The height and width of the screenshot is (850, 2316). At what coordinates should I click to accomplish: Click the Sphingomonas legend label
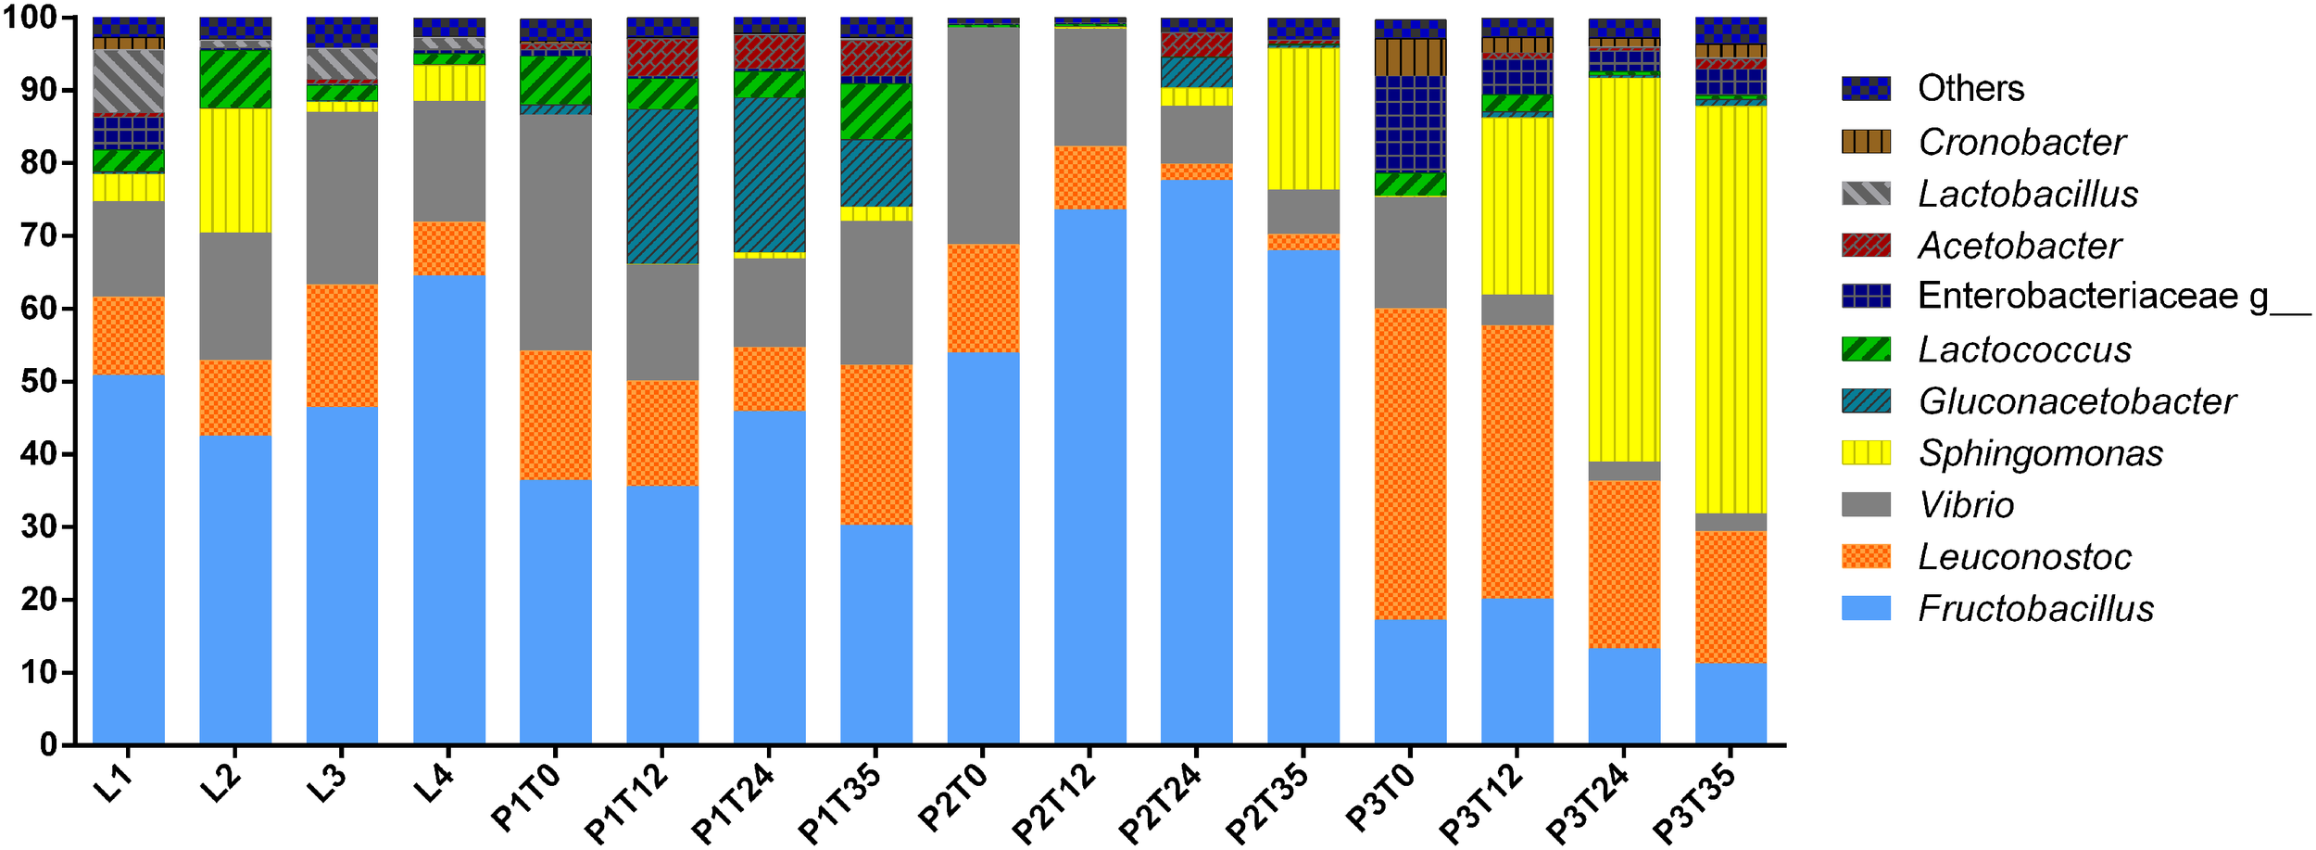2041,453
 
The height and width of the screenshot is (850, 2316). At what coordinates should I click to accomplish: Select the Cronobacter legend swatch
1866,142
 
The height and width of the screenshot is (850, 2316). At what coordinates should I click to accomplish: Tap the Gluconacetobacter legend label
2077,401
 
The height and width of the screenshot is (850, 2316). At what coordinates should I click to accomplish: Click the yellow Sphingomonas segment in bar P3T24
1624,269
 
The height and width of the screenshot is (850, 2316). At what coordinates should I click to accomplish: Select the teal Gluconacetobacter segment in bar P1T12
662,185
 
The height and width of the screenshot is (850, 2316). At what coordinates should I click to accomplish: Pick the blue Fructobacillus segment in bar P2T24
1196,463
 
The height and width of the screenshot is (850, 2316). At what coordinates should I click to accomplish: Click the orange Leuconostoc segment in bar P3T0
1410,463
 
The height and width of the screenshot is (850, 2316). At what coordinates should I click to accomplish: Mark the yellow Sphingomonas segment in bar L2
235,170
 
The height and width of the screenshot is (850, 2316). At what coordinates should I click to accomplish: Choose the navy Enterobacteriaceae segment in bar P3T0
1410,123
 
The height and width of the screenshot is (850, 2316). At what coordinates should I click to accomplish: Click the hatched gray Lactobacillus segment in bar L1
129,82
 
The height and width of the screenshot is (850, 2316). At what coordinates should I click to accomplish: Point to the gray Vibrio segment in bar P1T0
556,232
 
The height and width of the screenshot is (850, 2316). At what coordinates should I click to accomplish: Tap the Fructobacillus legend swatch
1866,608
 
